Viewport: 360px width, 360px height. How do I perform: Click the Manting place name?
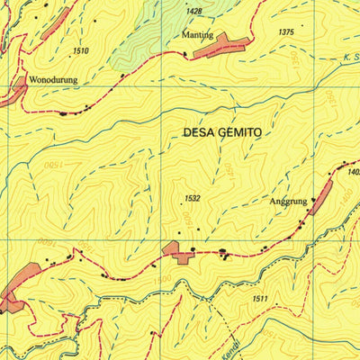coord(197,35)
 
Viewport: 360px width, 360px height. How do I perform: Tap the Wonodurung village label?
coord(53,79)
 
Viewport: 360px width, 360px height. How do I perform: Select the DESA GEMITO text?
coord(221,131)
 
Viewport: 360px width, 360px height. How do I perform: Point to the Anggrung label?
coord(288,202)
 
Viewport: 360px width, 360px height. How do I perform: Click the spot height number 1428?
coord(193,12)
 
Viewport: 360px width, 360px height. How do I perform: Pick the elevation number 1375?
coord(286,32)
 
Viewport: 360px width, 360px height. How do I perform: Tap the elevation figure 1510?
coord(81,50)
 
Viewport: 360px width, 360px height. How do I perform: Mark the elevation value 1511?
coord(260,299)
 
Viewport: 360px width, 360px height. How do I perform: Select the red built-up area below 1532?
coord(178,253)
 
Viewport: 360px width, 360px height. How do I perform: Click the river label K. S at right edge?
coord(349,58)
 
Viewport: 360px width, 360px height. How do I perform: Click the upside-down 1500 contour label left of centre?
coord(55,166)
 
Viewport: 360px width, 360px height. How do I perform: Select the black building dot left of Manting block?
coord(185,55)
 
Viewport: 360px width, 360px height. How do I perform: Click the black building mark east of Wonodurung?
coord(63,113)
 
